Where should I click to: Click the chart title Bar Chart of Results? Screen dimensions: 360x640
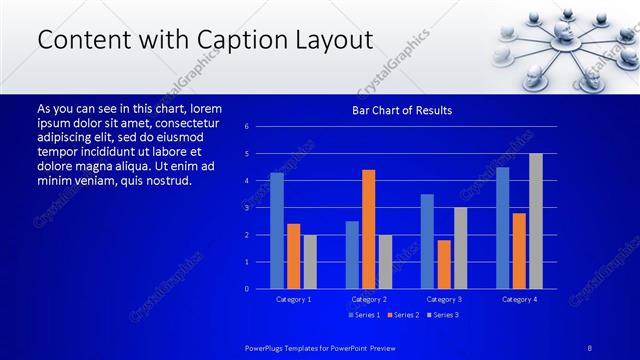coord(402,110)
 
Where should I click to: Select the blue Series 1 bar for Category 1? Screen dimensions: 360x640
coord(277,231)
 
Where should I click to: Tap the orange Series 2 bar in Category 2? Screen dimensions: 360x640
coord(369,229)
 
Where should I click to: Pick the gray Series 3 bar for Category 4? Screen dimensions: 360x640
coord(536,221)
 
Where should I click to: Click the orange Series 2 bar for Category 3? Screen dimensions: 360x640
coord(444,264)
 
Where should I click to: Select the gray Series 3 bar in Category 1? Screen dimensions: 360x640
coord(310,262)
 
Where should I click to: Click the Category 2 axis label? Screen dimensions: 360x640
coord(369,299)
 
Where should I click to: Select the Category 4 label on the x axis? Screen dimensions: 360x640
coord(519,299)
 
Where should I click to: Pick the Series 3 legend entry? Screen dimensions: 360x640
coord(443,315)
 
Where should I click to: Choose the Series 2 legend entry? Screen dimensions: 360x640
coord(404,315)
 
